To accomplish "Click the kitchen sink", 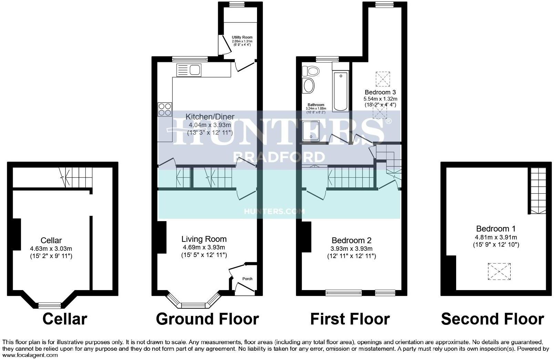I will point(188,70).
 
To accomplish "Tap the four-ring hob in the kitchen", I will point(164,109).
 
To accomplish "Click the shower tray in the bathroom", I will point(311,131).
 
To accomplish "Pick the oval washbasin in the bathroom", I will point(308,85).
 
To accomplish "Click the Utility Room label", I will point(242,37).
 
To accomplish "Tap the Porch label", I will point(247,279).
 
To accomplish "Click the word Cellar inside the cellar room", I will point(51,240).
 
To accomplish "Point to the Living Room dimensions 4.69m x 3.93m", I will point(204,247).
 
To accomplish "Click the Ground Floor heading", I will point(207,319).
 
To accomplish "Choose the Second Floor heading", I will point(492,319).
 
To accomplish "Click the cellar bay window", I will point(50,305).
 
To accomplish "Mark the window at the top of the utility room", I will point(237,4).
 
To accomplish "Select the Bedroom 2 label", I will point(351,240).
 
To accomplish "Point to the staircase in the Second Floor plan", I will point(538,191).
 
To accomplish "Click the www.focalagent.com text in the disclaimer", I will point(30,355).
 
